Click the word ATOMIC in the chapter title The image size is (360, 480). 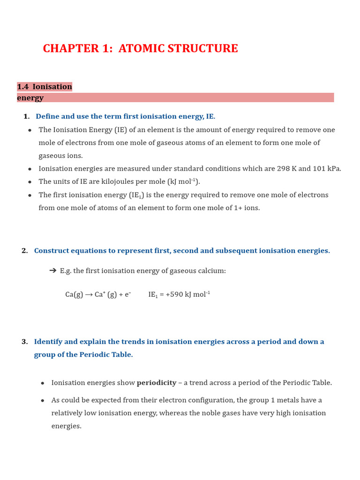coord(140,49)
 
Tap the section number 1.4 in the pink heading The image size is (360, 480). coord(23,87)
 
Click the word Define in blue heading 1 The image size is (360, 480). coord(48,116)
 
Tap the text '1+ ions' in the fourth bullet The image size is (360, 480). coord(247,208)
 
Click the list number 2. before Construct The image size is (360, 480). coord(24,251)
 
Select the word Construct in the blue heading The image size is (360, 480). coord(52,251)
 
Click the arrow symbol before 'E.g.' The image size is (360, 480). coord(52,270)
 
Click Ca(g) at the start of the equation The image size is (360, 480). coord(74,294)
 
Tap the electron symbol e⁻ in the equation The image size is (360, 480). coord(127,294)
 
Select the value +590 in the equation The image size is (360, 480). coord(175,294)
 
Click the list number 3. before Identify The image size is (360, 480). coord(24,342)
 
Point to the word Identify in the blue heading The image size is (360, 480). coord(48,342)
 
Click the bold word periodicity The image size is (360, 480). coord(157,383)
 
